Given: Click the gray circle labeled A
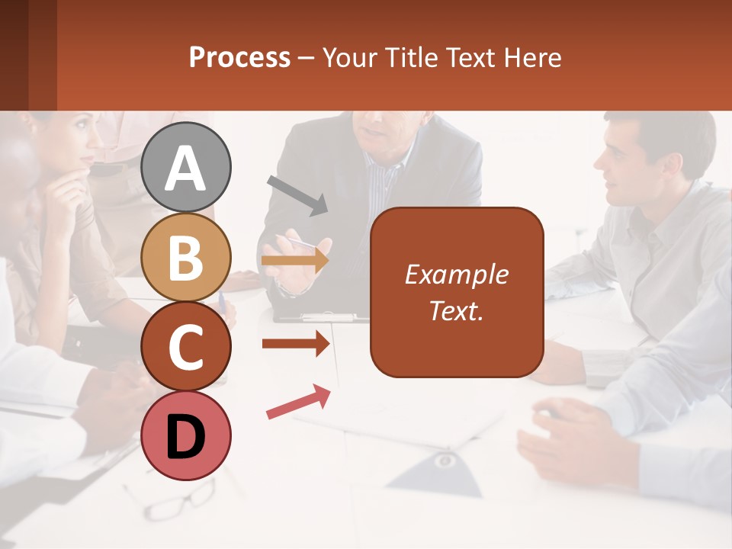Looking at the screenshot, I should click(186, 167).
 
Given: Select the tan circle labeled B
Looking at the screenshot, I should click(186, 257).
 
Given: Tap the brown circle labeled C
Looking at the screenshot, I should click(186, 347).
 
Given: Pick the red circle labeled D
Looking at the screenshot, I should click(186, 436).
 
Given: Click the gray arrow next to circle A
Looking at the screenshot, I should click(298, 194).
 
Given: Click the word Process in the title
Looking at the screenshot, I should click(239, 57).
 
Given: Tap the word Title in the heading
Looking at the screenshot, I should click(413, 57).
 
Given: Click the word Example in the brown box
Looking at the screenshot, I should click(456, 274).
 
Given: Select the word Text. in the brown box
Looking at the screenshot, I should click(456, 310).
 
